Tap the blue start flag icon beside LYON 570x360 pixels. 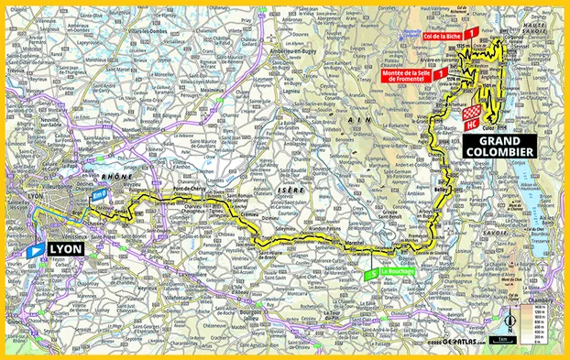(x=35, y=248)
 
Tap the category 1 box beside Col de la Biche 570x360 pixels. (x=471, y=32)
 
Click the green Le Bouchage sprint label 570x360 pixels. (x=400, y=273)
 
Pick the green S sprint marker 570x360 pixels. (x=371, y=273)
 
